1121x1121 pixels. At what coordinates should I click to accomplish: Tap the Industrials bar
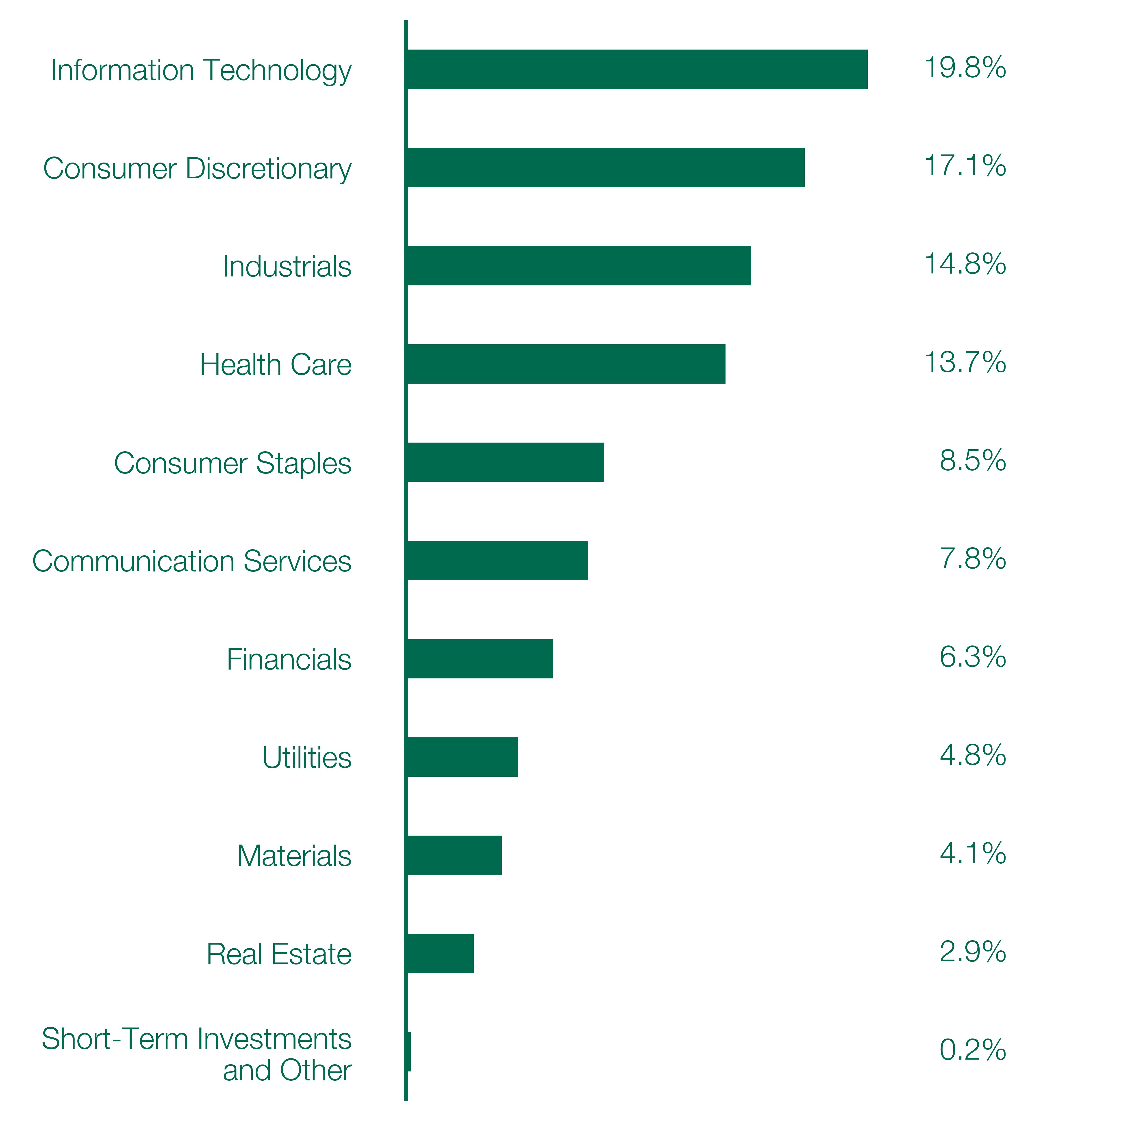[579, 266]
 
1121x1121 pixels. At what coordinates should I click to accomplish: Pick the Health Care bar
[566, 364]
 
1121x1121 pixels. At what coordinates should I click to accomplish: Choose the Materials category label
[294, 856]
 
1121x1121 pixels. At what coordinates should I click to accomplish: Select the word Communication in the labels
[133, 561]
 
